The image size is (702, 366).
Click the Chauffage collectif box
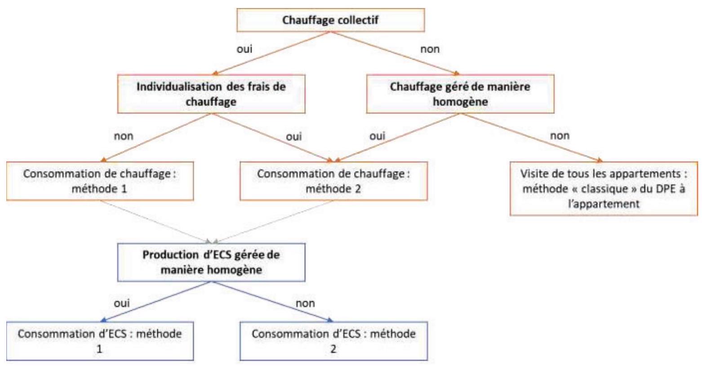click(331, 20)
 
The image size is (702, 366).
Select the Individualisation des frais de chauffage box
click(211, 94)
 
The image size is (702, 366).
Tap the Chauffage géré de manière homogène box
click(460, 94)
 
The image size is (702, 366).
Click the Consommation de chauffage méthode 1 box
click(100, 181)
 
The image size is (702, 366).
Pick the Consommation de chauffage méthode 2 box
click(333, 181)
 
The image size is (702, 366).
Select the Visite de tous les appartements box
click(604, 188)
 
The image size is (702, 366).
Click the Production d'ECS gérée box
click(211, 262)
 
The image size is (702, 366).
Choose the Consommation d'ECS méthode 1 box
click(100, 341)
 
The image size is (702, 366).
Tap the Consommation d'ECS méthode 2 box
click(333, 341)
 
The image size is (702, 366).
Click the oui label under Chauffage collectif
click(244, 49)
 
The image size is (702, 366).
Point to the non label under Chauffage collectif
click(430, 49)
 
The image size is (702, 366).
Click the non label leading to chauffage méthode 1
click(124, 136)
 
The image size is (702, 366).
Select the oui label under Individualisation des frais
click(294, 136)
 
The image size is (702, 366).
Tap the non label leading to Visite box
click(560, 136)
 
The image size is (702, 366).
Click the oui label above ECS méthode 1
click(122, 303)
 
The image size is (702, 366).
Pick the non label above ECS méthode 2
click(305, 303)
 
